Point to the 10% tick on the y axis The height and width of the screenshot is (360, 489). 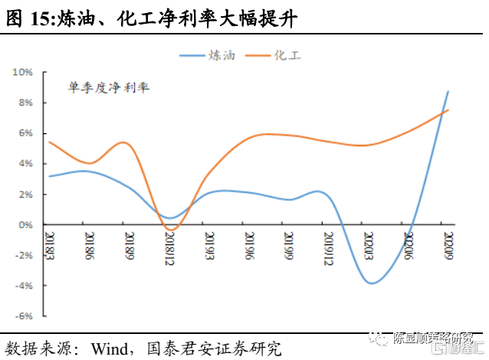pos(21,72)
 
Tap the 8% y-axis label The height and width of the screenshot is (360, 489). pos(24,103)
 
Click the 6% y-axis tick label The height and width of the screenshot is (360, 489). pos(24,133)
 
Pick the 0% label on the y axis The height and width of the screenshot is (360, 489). pos(24,224)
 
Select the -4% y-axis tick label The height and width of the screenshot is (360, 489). pos(23,286)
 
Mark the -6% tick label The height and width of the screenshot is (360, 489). pos(23,316)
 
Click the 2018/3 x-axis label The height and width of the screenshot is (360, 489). pos(49,245)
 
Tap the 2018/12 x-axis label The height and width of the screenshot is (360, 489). pos(169,248)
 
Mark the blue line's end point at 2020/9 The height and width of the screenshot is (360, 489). pos(448,91)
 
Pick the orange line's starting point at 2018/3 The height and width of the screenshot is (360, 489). pos(49,142)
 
